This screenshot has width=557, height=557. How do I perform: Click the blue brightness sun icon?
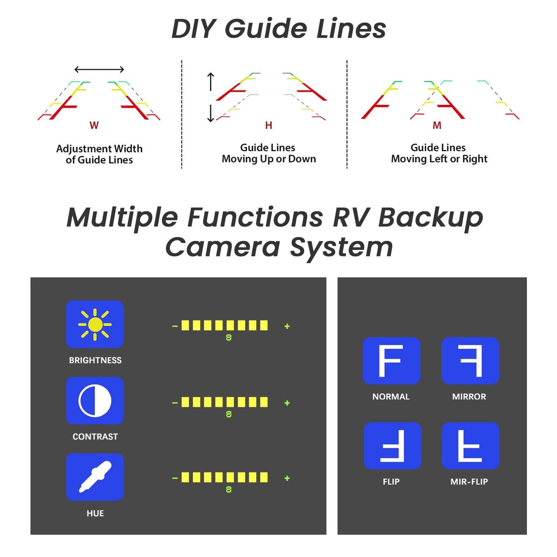[x=95, y=324]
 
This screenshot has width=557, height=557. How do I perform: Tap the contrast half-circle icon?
[x=95, y=401]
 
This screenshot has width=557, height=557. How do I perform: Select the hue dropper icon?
[x=95, y=477]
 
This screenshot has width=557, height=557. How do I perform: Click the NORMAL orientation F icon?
[x=391, y=360]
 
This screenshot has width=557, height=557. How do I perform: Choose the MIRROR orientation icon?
[x=470, y=360]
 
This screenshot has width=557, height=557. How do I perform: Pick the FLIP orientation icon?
[x=392, y=446]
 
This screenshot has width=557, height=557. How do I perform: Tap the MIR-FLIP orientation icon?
[x=470, y=446]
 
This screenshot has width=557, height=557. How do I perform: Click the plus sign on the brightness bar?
[x=287, y=326]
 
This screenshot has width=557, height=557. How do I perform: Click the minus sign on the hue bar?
[x=175, y=478]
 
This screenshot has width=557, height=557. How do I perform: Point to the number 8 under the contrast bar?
[x=229, y=414]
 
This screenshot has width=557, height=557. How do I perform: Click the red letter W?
[x=94, y=125]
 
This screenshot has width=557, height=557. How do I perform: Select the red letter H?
[x=269, y=125]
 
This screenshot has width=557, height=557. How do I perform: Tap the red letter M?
[x=437, y=125]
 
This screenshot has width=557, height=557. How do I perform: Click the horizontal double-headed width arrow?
[x=99, y=69]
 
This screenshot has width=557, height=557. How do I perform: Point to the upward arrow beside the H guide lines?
[x=210, y=81]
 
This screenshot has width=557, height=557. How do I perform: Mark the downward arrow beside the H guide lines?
[x=210, y=113]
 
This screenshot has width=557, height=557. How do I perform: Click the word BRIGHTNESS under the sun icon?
[x=95, y=360]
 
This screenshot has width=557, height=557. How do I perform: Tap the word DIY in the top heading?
[x=194, y=29]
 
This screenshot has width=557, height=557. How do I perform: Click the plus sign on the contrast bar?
[x=287, y=403]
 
